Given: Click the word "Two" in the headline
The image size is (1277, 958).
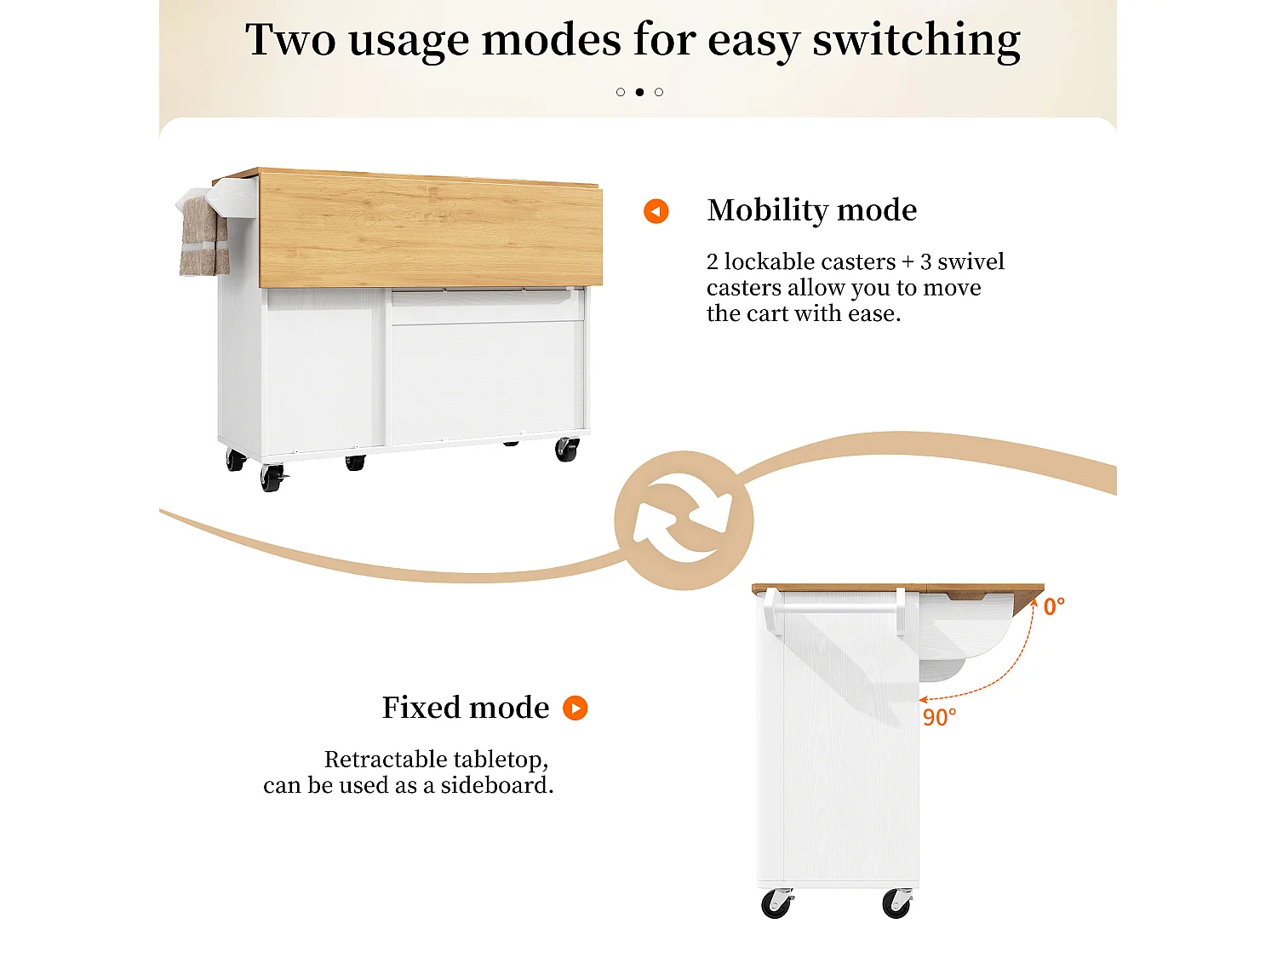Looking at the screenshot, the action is point(290,39).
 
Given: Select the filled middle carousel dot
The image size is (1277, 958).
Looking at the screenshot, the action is point(639,92).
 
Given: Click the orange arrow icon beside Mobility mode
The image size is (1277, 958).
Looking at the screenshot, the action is point(656,211).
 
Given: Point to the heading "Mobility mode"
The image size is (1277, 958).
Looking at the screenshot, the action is point(811,210).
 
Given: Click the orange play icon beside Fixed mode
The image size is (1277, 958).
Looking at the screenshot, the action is point(576,708).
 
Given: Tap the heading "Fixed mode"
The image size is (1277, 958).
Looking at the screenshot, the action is point(466,708).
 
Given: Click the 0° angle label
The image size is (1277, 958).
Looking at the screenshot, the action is point(1054,606).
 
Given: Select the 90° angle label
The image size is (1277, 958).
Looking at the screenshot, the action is point(939,717).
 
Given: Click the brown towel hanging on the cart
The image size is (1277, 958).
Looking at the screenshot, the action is point(203,236).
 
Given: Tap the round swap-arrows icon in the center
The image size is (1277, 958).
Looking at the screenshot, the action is point(684,520).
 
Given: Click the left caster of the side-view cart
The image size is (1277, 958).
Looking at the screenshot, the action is point(776,904).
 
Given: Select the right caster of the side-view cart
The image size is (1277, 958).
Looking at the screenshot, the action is point(897,904).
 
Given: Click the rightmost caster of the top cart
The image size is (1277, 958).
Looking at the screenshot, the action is point(567,449).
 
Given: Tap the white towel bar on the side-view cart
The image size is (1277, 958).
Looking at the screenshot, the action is point(836,608).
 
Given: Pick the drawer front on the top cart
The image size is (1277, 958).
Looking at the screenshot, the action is point(488,307).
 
